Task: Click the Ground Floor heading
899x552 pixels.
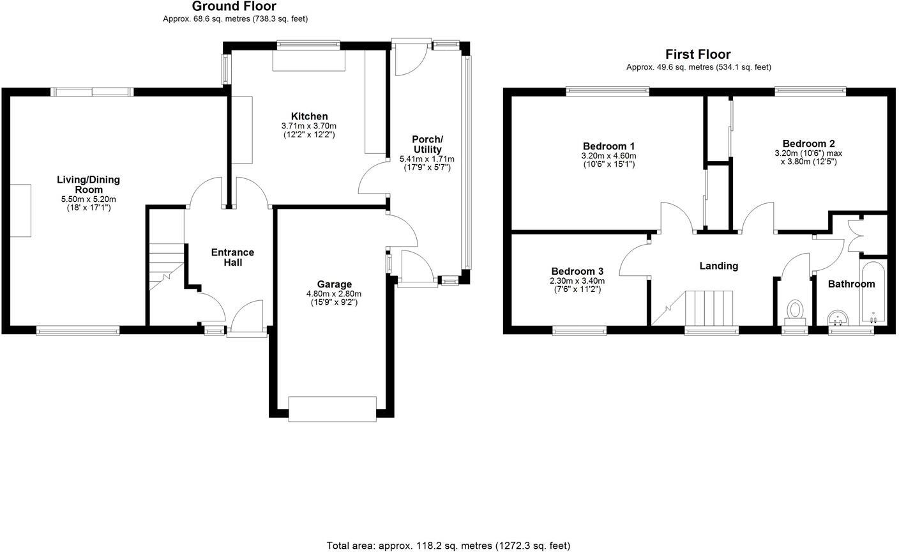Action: coord(234,6)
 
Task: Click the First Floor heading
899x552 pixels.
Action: coord(698,54)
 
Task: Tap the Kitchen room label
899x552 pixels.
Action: coord(309,116)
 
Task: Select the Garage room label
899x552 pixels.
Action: coord(334,284)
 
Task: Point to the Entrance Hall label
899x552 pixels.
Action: coord(232,257)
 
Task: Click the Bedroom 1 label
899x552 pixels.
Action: coord(608,146)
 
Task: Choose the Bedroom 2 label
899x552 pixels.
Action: coord(808,144)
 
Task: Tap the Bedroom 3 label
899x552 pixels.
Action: coord(577,271)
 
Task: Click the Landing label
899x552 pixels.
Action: coord(718,266)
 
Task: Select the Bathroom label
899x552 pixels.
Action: coord(851,284)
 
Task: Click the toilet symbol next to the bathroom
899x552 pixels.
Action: coord(796,311)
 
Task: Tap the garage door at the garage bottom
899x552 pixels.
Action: coord(332,409)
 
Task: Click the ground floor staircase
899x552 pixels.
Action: coord(166,265)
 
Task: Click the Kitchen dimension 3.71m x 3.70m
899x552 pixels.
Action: coord(309,126)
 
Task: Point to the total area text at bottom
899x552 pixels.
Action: coord(448,546)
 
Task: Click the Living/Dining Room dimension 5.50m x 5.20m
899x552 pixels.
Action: coord(89,199)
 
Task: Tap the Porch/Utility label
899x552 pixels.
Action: coord(427,144)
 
